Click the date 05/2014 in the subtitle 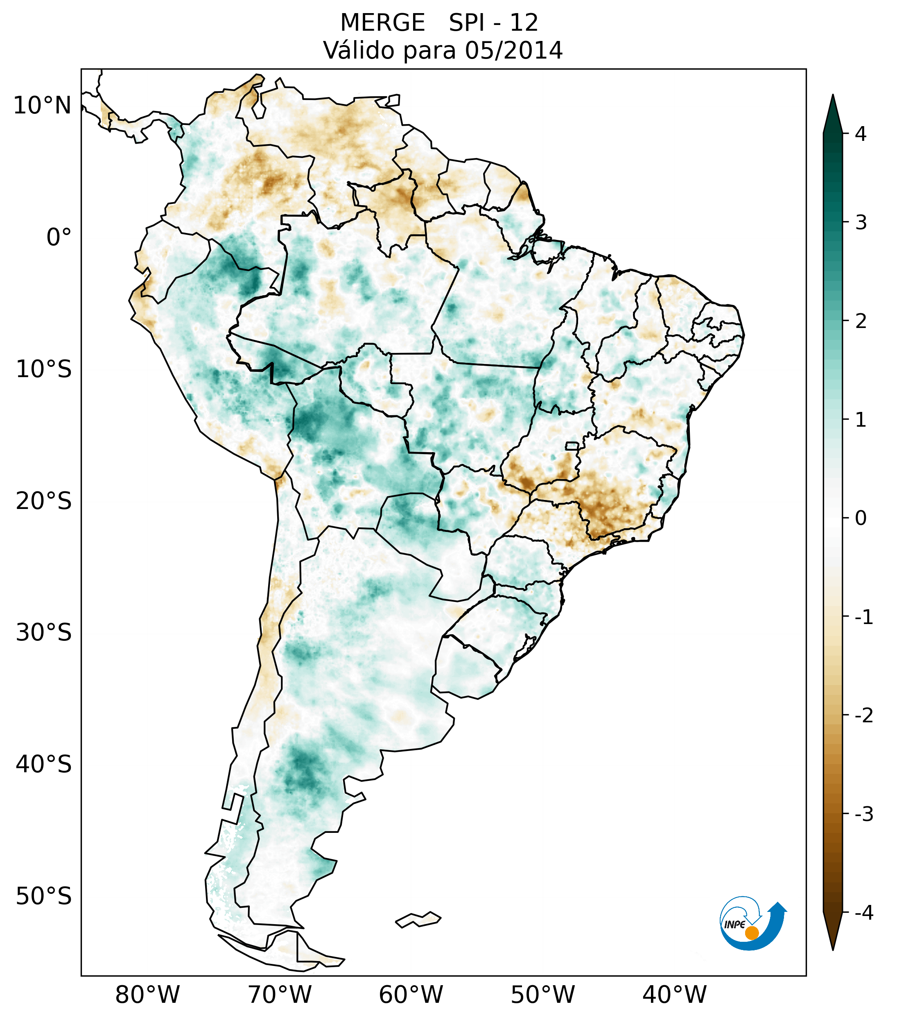pos(513,50)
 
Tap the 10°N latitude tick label pos(43,106)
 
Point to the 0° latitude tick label pos(59,237)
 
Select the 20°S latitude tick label pos(44,501)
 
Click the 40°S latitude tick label pos(44,764)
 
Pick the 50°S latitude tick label pos(44,896)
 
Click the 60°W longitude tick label pos(411,995)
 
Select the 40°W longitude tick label pos(675,995)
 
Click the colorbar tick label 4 pos(861,134)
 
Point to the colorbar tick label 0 pos(861,518)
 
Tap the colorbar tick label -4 pos(863,913)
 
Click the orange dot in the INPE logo pos(752,933)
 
